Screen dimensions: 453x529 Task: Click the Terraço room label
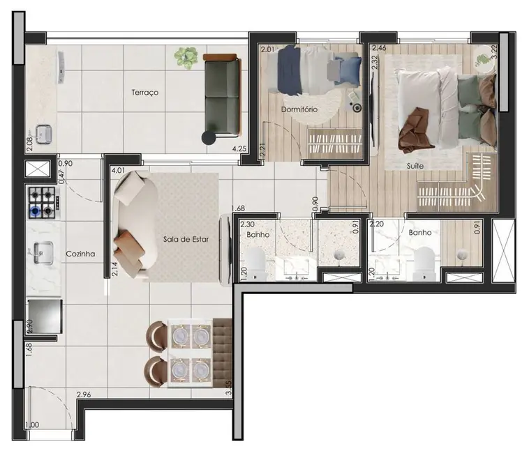coord(144,92)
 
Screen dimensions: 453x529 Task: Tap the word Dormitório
coord(299,109)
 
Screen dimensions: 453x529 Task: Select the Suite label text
coord(417,167)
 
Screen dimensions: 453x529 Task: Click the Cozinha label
coord(80,254)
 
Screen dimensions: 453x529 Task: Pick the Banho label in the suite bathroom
coord(419,233)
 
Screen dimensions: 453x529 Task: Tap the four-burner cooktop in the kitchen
coord(41,202)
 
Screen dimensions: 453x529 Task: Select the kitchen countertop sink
coord(41,249)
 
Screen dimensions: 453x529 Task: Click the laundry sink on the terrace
coord(43,133)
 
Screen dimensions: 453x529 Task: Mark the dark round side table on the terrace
coord(208,137)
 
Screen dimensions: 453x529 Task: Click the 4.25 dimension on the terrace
coord(239,148)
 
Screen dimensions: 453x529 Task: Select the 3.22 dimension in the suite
coord(493,52)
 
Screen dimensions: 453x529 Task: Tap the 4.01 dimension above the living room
coord(118,170)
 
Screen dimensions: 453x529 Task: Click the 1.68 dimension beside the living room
coord(237,208)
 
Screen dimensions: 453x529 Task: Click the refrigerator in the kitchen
coord(43,316)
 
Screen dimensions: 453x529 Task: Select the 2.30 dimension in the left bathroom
coord(247,224)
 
